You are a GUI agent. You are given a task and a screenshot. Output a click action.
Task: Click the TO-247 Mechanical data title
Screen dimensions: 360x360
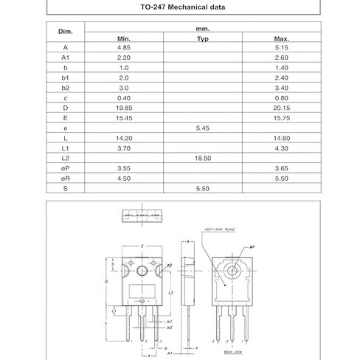coord(180,8)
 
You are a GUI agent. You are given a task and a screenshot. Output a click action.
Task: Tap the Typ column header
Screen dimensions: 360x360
coord(203,38)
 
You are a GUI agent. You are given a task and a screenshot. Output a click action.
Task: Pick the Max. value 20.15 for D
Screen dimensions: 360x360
coord(281,107)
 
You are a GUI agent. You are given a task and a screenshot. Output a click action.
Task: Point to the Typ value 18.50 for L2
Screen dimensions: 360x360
coord(203,157)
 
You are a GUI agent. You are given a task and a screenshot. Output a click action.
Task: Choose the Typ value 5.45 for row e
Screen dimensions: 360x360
coord(203,128)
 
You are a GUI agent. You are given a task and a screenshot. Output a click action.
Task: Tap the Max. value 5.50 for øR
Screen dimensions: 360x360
coord(281,178)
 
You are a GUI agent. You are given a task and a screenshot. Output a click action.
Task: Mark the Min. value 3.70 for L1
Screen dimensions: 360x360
coord(123,148)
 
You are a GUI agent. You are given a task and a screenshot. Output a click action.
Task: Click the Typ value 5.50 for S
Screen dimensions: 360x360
coord(203,188)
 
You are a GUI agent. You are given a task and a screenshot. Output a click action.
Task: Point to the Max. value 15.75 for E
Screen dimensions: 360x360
coord(281,117)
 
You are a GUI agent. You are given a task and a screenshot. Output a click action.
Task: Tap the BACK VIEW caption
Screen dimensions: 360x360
coord(233,353)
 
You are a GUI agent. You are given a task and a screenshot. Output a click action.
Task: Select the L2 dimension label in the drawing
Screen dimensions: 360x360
coord(170,294)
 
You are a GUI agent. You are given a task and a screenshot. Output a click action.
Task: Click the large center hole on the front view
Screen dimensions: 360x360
coord(142,270)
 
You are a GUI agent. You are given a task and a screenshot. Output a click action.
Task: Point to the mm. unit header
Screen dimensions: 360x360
coord(203,27)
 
